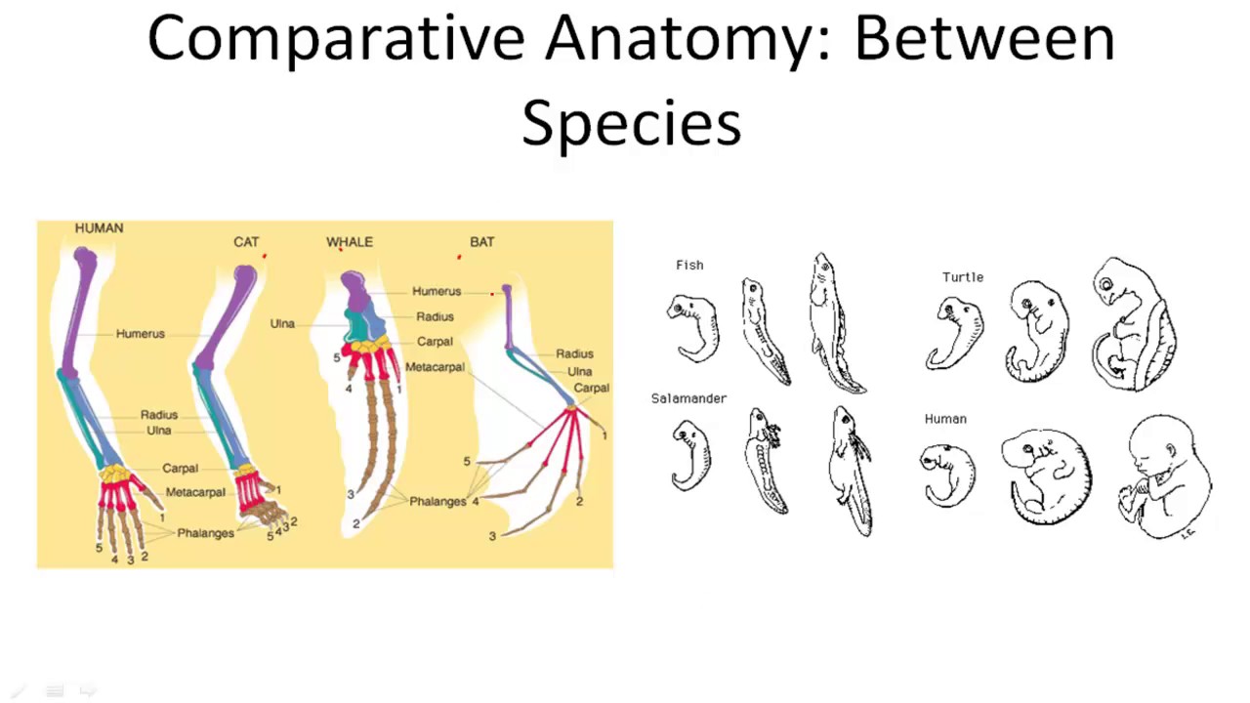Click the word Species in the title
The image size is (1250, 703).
tap(632, 124)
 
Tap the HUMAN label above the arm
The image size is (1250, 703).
tap(99, 228)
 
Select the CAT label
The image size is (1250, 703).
tap(246, 242)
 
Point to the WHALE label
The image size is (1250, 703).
tap(350, 242)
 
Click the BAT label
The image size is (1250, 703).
tap(482, 242)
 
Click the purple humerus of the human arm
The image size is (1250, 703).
tap(80, 312)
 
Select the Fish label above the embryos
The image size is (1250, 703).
tap(689, 266)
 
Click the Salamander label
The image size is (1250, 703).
tap(688, 398)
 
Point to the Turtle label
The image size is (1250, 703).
tap(963, 277)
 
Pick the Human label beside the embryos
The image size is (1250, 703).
tap(945, 419)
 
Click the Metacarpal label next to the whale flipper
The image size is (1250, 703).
tap(435, 367)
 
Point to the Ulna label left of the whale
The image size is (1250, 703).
tap(282, 323)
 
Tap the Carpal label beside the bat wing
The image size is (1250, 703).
tap(592, 389)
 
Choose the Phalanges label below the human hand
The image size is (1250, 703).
tap(205, 533)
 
